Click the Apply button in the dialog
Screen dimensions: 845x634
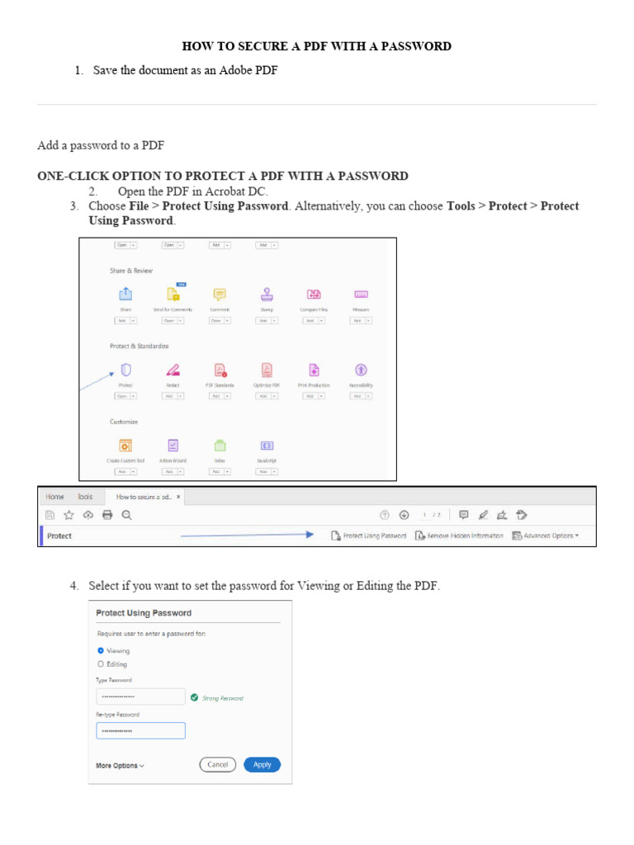point(263,764)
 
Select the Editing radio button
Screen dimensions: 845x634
point(101,663)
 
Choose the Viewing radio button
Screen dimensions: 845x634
point(101,650)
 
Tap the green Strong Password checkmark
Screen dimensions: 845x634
point(194,697)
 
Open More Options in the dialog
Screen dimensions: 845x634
point(120,766)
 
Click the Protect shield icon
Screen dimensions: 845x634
point(126,370)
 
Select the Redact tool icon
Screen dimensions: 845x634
point(173,370)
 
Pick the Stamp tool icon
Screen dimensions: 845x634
point(267,295)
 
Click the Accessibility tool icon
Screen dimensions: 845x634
point(361,370)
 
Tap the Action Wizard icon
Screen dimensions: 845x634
point(173,445)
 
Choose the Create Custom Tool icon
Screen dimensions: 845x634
point(125,445)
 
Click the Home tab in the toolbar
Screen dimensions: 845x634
point(55,497)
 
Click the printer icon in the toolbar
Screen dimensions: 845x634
point(106,515)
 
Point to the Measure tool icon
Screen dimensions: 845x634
point(361,295)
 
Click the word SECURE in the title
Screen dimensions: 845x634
point(253,46)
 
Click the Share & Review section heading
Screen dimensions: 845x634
point(131,271)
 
